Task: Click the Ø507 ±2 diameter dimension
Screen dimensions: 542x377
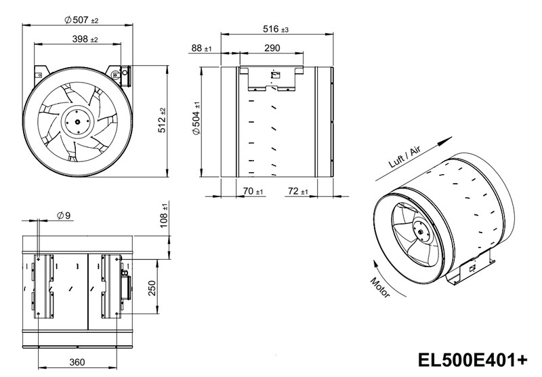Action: [x=81, y=20]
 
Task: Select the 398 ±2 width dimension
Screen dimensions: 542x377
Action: [x=85, y=39]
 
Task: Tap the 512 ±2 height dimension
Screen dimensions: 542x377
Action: [x=162, y=121]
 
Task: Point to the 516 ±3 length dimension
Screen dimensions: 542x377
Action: [x=276, y=29]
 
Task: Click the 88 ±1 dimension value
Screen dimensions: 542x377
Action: [x=201, y=48]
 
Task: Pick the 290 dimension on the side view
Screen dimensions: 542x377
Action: [x=272, y=48]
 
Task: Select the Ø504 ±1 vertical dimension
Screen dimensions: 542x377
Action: [x=196, y=118]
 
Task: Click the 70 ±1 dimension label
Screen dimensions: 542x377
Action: [x=253, y=191]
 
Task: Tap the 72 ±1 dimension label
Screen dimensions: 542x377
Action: [x=297, y=191]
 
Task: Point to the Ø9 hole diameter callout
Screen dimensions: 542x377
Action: [x=64, y=216]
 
